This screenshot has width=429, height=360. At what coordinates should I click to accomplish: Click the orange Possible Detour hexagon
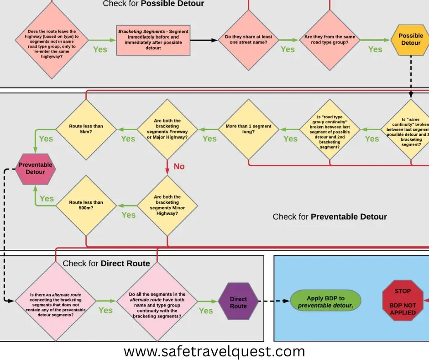point(411,39)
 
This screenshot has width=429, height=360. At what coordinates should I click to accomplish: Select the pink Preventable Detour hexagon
point(36,168)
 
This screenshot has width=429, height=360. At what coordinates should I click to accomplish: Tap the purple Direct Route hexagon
point(238,302)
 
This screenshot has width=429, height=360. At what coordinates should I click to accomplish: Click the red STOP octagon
point(403,302)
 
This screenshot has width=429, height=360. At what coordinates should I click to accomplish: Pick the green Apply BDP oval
point(325,302)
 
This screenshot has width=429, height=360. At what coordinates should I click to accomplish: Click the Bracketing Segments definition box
point(153,40)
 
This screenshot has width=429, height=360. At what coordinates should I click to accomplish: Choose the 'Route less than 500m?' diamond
point(86,206)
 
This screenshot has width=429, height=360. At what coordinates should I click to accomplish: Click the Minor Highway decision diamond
point(168,206)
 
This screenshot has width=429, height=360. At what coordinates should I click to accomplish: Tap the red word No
point(179,166)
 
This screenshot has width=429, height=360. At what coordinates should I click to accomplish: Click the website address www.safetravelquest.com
point(214,351)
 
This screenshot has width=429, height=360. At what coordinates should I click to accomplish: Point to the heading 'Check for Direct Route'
point(106,263)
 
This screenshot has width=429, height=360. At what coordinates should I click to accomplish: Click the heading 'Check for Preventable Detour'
point(330,217)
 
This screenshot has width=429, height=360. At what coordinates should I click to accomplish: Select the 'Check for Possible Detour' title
point(153,4)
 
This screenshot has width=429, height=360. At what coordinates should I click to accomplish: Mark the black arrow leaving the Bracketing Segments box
point(203,40)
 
